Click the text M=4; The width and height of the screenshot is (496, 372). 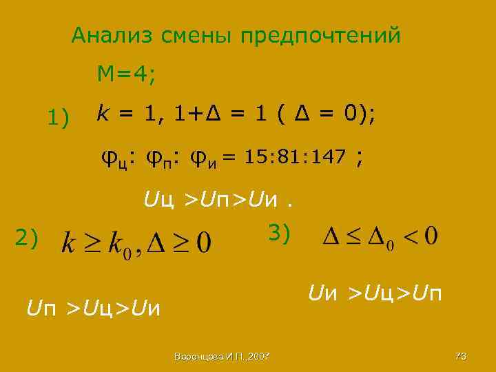click(127, 74)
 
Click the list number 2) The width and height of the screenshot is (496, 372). click(27, 238)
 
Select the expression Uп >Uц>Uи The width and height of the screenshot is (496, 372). click(93, 309)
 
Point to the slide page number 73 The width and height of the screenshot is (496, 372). click(461, 356)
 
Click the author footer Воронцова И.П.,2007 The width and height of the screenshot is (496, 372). click(223, 356)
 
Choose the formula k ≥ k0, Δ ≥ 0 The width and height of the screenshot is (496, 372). click(137, 242)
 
